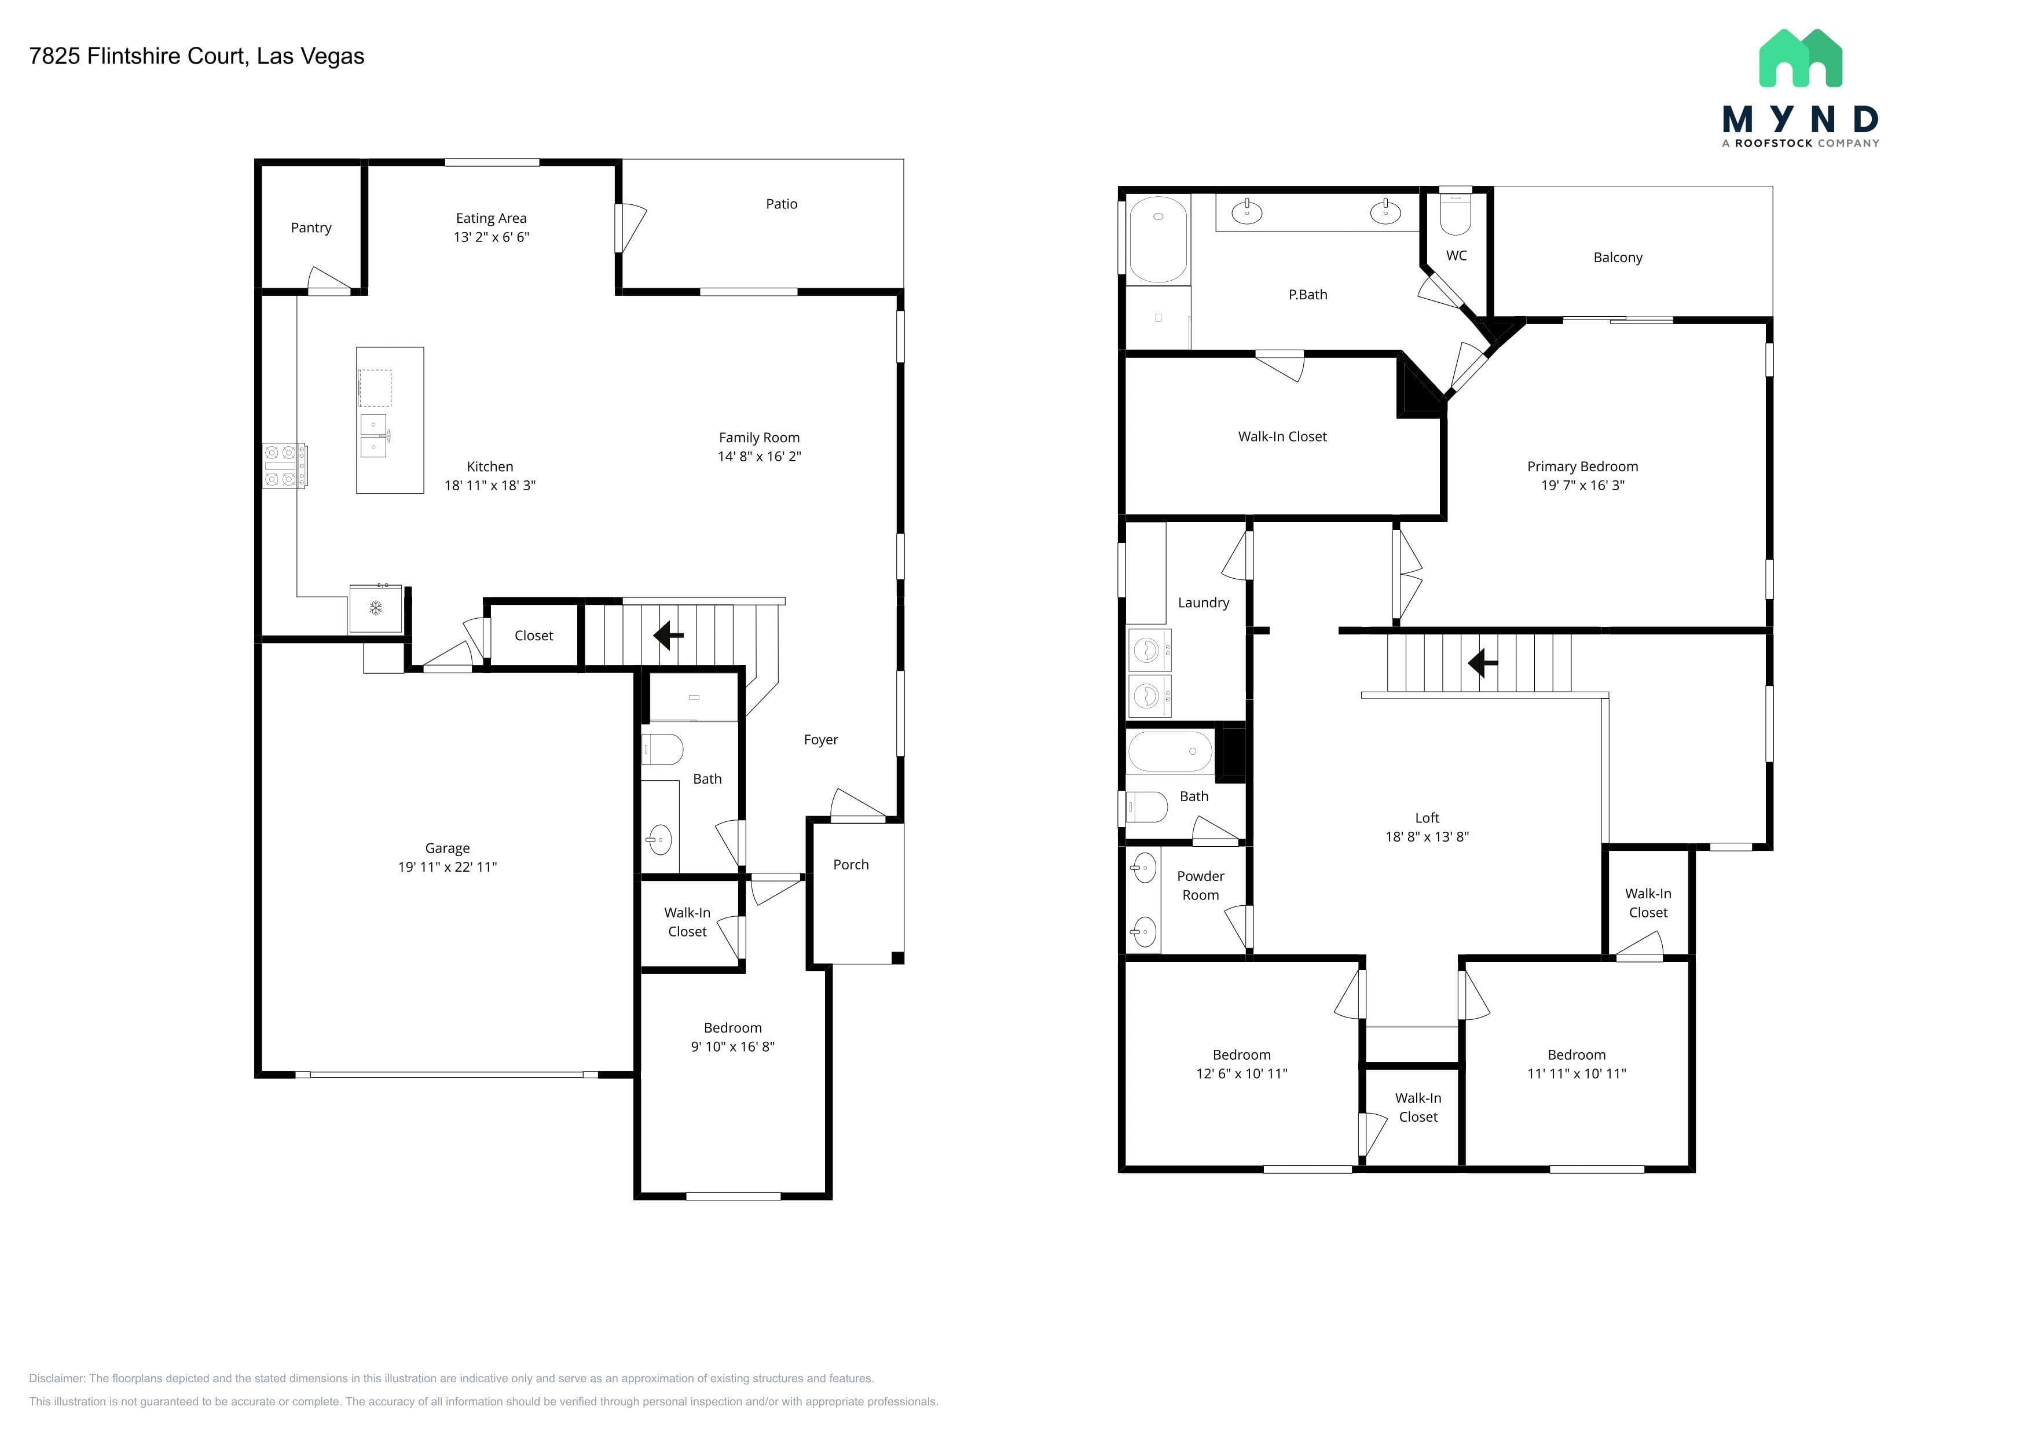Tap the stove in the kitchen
point(285,465)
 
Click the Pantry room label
point(311,228)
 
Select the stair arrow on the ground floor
point(668,635)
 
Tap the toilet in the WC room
point(1455,212)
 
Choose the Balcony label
point(1618,258)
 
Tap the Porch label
point(851,865)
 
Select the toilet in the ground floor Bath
point(662,750)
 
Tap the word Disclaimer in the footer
point(57,1379)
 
